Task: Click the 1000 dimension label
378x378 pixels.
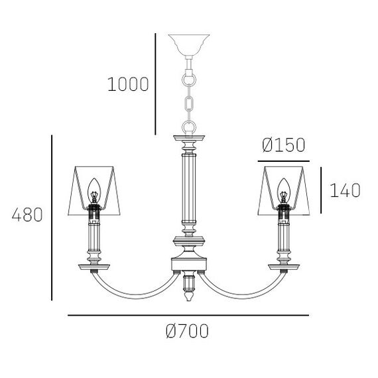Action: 128,84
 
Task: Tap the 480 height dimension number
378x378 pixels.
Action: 27,215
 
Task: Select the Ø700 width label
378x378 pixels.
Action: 187,331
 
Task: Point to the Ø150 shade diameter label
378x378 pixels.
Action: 284,145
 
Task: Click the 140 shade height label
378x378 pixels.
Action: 345,190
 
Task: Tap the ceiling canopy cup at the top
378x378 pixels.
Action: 189,45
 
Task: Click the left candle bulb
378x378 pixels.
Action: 94,190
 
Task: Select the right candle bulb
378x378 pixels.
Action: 284,190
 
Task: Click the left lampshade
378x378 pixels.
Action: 94,190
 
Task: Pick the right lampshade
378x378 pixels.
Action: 284,190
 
